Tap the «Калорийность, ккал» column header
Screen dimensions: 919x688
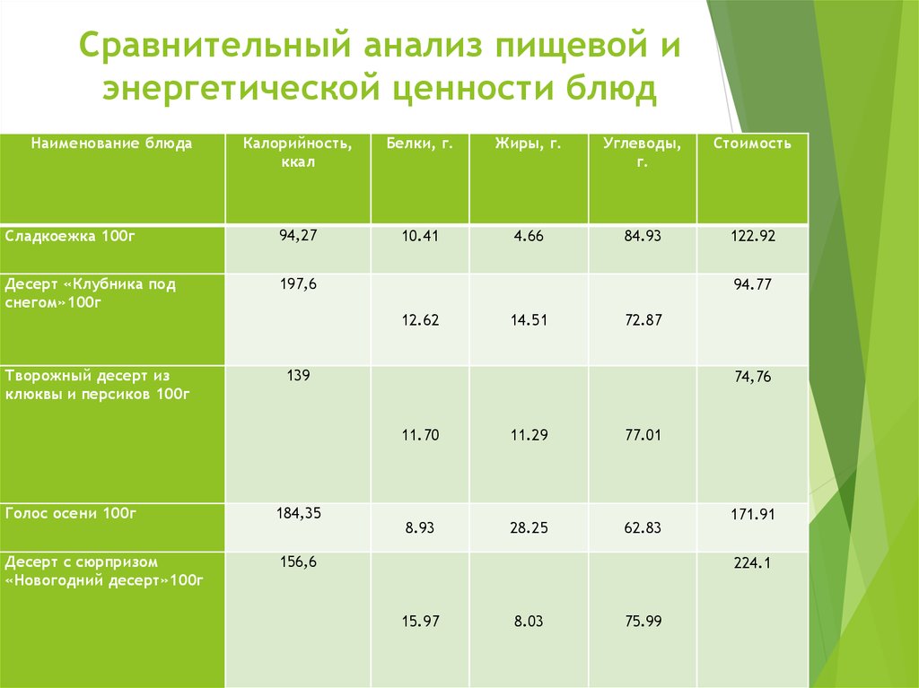298,152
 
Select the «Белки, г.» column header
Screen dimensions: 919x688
420,144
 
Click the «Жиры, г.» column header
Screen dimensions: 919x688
528,144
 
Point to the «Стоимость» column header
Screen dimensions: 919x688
752,144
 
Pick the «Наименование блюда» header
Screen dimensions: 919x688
111,144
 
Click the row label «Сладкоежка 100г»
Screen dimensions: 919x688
70,236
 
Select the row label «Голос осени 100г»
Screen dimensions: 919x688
71,513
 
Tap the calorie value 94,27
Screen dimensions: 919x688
298,235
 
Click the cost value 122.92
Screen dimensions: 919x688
753,236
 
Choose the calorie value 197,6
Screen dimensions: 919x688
298,284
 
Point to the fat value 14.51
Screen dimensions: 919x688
529,320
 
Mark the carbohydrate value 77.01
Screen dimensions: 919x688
643,435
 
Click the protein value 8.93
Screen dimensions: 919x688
420,527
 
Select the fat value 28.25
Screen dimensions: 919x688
529,527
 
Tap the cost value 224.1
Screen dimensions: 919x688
753,563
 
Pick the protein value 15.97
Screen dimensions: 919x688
420,622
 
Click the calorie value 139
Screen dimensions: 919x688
298,375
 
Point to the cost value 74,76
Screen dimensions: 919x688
753,377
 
